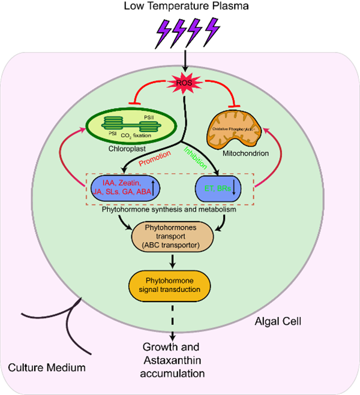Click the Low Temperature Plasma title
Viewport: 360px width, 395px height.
point(181,8)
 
